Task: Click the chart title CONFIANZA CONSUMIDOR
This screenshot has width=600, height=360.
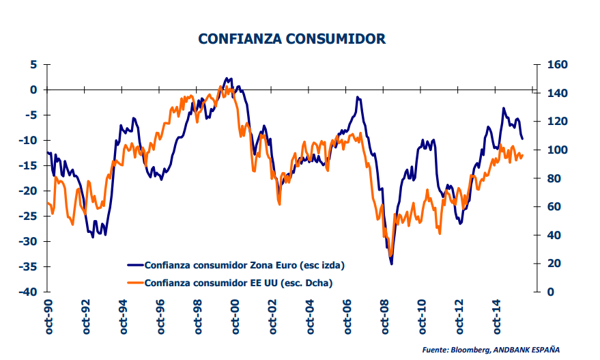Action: point(291,38)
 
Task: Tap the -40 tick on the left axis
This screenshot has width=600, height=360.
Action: point(29,292)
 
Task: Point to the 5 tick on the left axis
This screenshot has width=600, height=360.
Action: point(33,64)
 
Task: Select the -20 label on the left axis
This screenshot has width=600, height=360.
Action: point(29,191)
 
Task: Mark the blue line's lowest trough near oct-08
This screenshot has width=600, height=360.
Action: point(391,264)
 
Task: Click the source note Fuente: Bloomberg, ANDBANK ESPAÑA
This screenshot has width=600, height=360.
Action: point(491,349)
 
